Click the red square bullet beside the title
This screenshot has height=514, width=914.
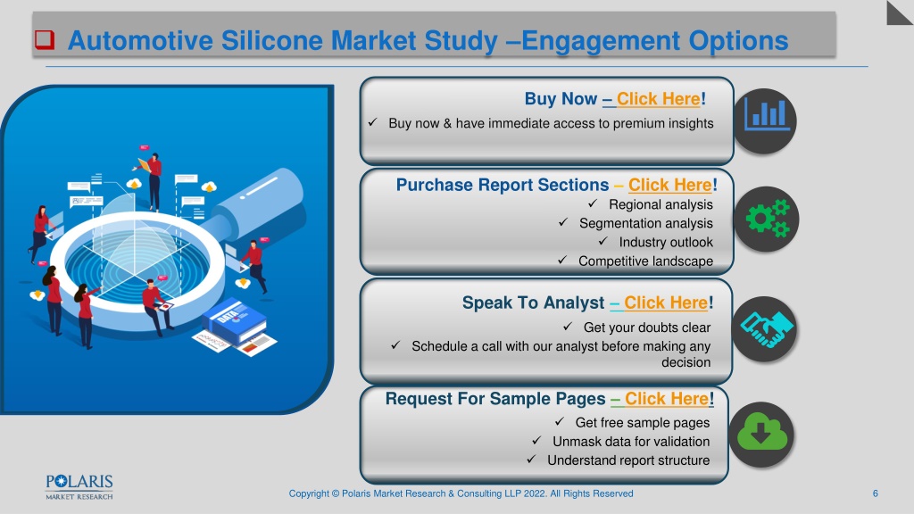tap(45, 39)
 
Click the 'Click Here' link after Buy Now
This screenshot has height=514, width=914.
tap(658, 99)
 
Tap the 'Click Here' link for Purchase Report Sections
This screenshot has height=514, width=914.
tap(669, 185)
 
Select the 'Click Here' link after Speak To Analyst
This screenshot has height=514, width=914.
tap(666, 303)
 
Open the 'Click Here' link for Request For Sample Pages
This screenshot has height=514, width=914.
tap(667, 399)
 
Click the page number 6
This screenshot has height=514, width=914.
tap(875, 493)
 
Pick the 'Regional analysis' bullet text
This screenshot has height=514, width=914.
tap(661, 204)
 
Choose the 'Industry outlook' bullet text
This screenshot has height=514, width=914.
tap(666, 242)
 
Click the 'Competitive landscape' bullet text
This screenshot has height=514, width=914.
tap(645, 261)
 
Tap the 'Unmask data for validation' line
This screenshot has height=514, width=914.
tap(631, 441)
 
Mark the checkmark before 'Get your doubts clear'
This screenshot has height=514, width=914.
tap(568, 327)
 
